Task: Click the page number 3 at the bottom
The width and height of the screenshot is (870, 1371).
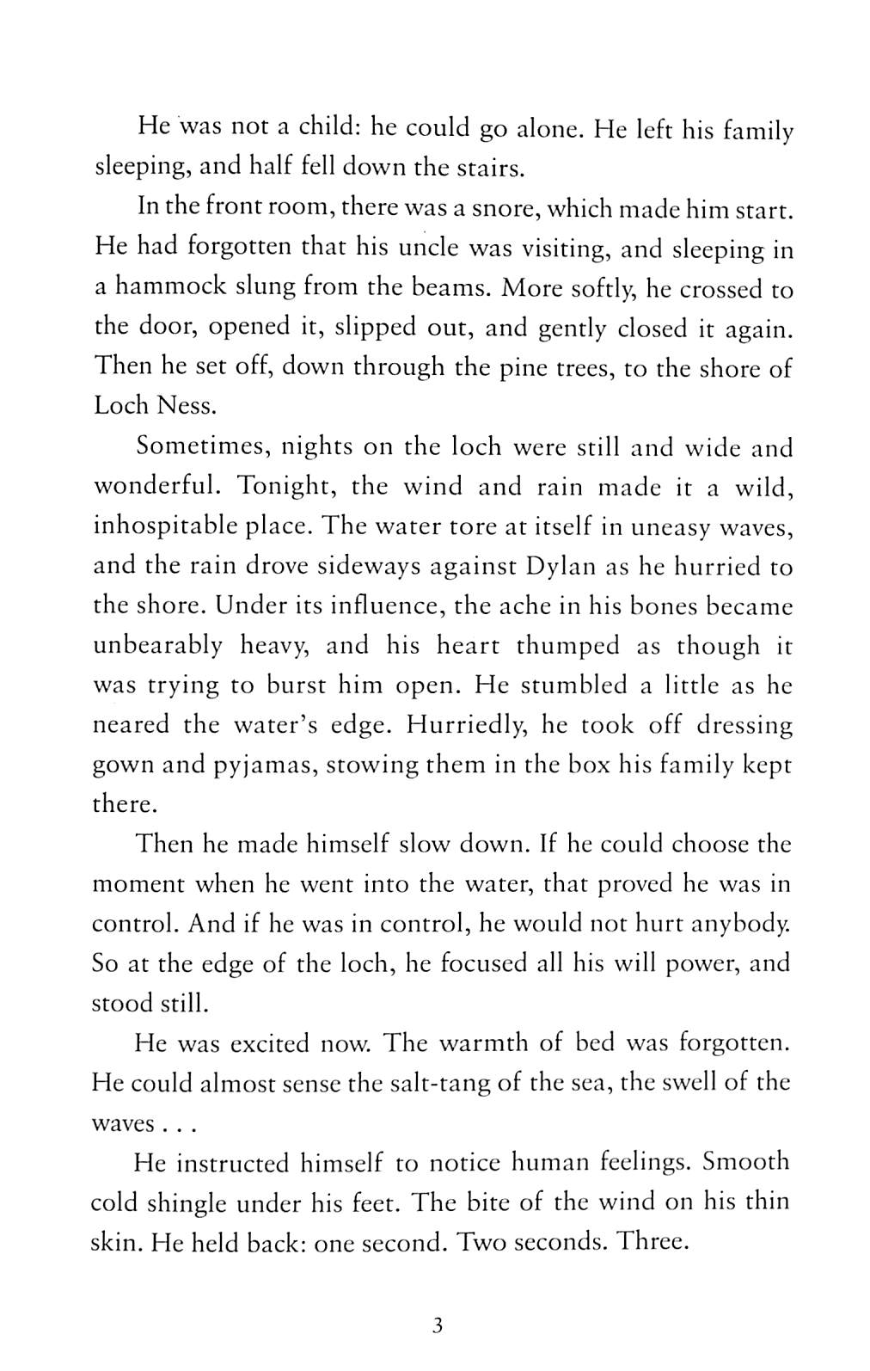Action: [437, 1325]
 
